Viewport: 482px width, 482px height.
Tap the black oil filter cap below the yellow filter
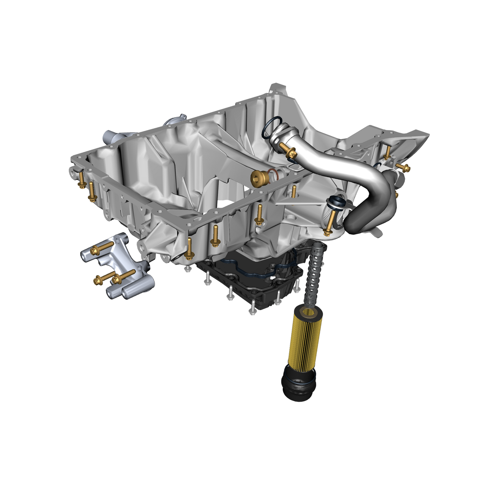tap(299, 384)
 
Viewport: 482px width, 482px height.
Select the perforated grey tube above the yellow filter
tap(315, 273)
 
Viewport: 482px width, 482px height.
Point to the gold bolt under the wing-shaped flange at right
tap(387, 152)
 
